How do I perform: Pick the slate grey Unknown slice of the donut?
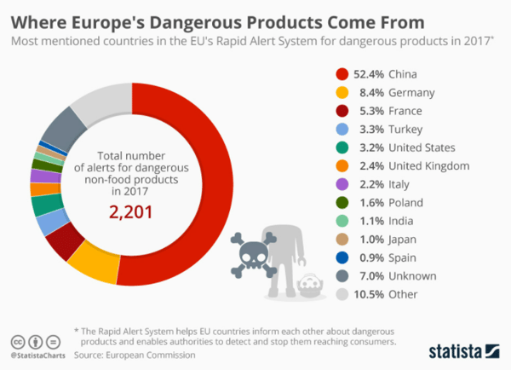[x=62, y=130]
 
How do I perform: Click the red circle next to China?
[x=342, y=74]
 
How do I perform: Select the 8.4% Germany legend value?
[x=371, y=92]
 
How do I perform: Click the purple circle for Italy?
[x=342, y=184]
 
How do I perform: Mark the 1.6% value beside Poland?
[x=371, y=202]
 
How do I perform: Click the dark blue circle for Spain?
[x=342, y=257]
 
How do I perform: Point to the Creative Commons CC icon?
[x=17, y=338]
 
